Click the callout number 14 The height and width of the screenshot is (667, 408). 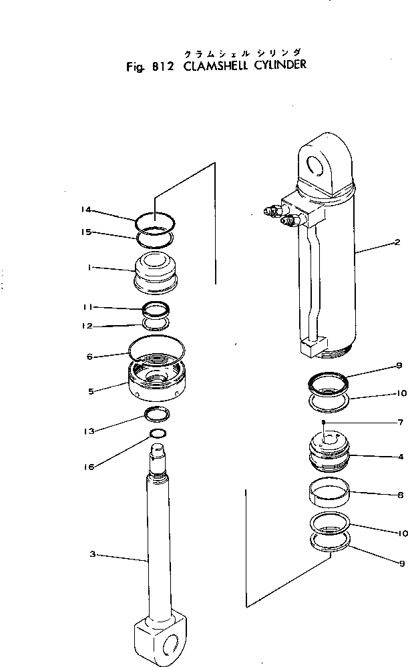85,210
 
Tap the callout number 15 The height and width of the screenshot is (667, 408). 85,232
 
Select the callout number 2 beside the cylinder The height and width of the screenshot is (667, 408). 397,242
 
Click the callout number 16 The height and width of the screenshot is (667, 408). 89,467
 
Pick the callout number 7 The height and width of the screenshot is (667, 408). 399,423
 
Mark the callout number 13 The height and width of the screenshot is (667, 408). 89,432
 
